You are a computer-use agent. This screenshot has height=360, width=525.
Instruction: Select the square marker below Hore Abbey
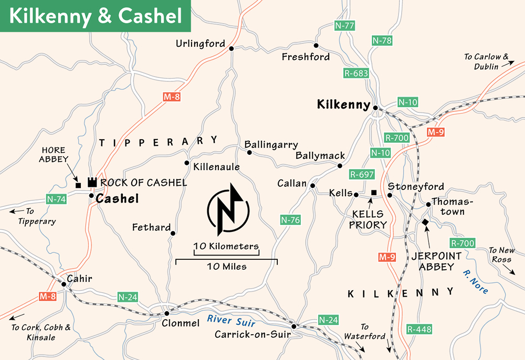pyautogui.click(x=78, y=185)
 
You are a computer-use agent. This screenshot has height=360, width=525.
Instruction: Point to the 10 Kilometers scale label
pyautogui.click(x=226, y=246)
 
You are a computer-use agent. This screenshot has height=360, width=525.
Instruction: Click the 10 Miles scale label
pyautogui.click(x=227, y=266)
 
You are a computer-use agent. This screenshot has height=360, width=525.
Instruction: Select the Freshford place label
pyautogui.click(x=306, y=57)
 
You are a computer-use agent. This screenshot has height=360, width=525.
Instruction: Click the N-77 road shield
pyautogui.click(x=345, y=25)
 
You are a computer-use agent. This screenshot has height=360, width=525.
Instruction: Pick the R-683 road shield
pyautogui.click(x=356, y=73)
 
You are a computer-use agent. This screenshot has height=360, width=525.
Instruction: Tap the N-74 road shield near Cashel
pyautogui.click(x=56, y=199)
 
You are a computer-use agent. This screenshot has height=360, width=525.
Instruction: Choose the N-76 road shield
pyautogui.click(x=290, y=220)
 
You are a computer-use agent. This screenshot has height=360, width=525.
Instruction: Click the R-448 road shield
pyautogui.click(x=419, y=330)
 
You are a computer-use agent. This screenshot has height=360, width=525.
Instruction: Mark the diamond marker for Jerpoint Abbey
pyautogui.click(x=425, y=223)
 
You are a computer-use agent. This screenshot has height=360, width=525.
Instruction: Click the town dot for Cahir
pyautogui.click(x=64, y=284)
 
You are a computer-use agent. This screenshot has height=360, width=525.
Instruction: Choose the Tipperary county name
pyautogui.click(x=158, y=141)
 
